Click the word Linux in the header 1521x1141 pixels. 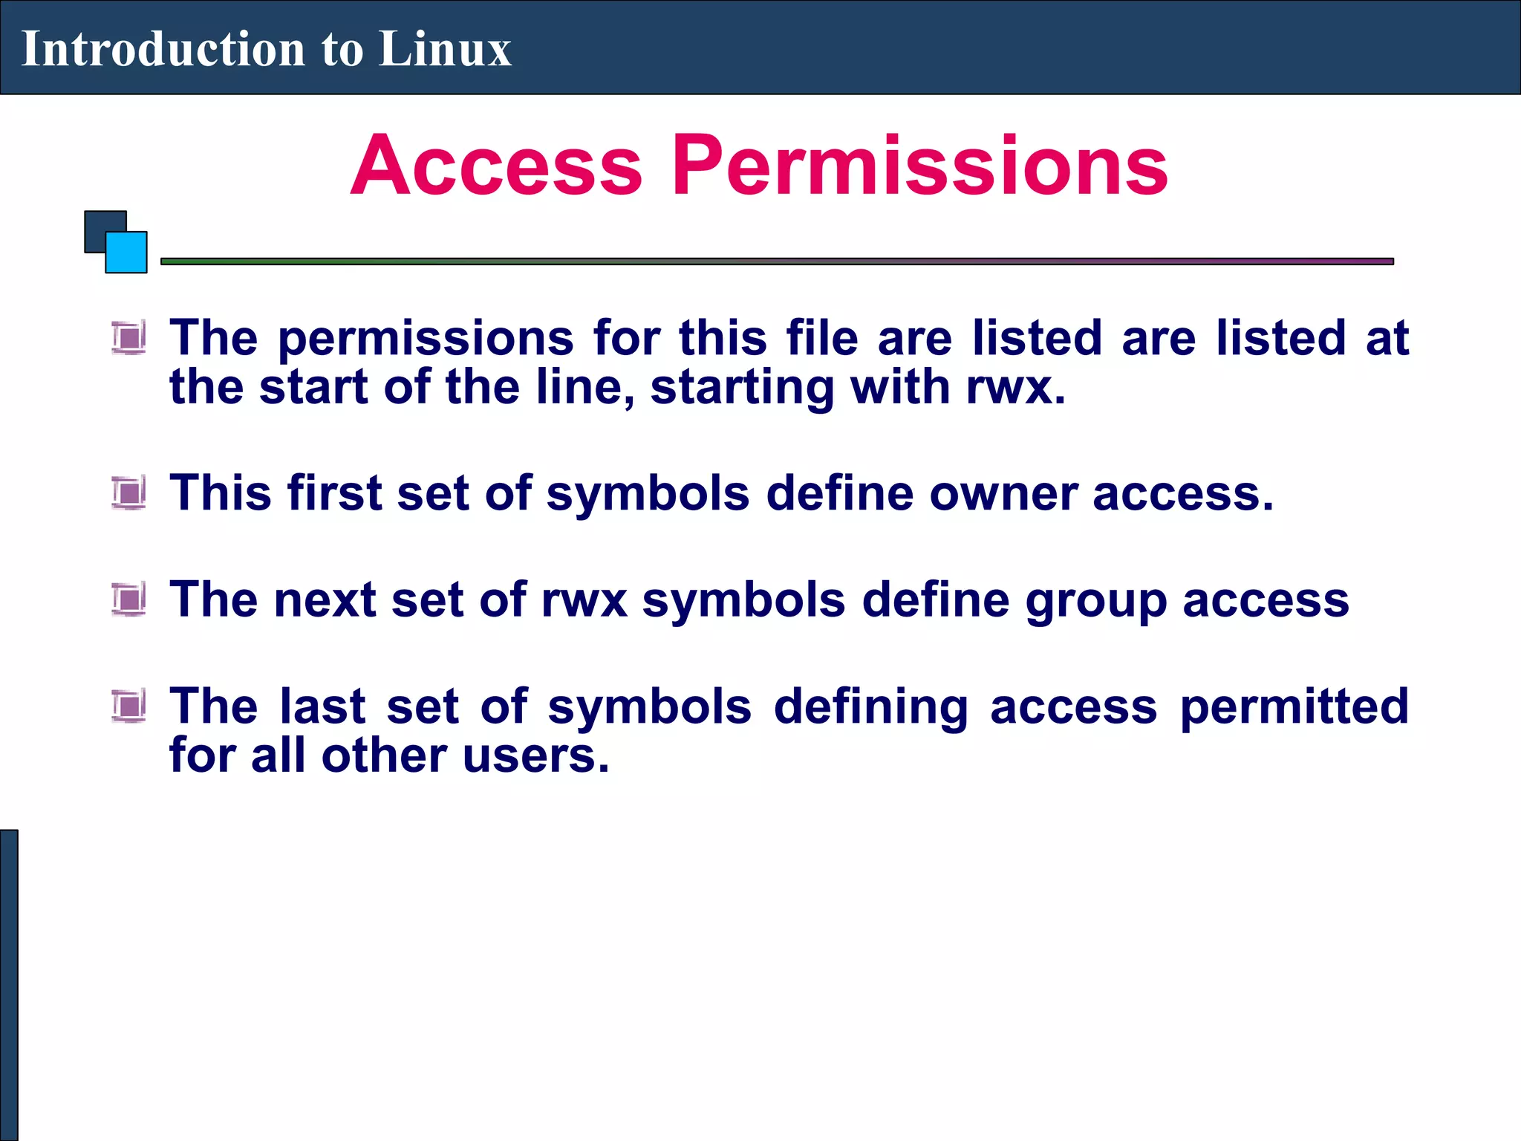pyautogui.click(x=444, y=49)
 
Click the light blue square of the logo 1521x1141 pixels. pyautogui.click(x=127, y=253)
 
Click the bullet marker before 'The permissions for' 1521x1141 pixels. pyautogui.click(x=129, y=338)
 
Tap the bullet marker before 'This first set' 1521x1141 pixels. pyautogui.click(x=129, y=493)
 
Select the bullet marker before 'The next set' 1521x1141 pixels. pyautogui.click(x=129, y=599)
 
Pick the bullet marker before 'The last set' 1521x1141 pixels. pyautogui.click(x=129, y=706)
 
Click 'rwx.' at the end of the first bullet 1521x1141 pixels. pyautogui.click(x=1016, y=388)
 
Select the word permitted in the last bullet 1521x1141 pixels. pyautogui.click(x=1294, y=707)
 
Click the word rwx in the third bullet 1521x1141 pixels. pyautogui.click(x=584, y=600)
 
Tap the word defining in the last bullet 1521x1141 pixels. pyautogui.click(x=870, y=707)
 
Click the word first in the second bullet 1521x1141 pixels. pyautogui.click(x=333, y=493)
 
